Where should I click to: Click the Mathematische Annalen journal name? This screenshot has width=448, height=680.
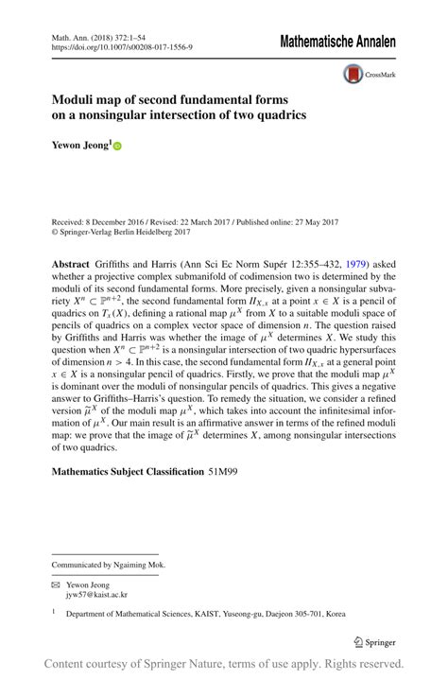coord(336,42)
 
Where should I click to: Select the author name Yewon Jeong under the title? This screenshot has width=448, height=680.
coord(80,146)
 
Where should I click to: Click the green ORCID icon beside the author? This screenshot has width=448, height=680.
coord(118,147)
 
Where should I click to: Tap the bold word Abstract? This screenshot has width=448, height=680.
coord(71,264)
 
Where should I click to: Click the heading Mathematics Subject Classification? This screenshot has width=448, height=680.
coord(127,471)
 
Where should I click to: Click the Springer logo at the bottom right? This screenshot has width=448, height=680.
coord(374,641)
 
